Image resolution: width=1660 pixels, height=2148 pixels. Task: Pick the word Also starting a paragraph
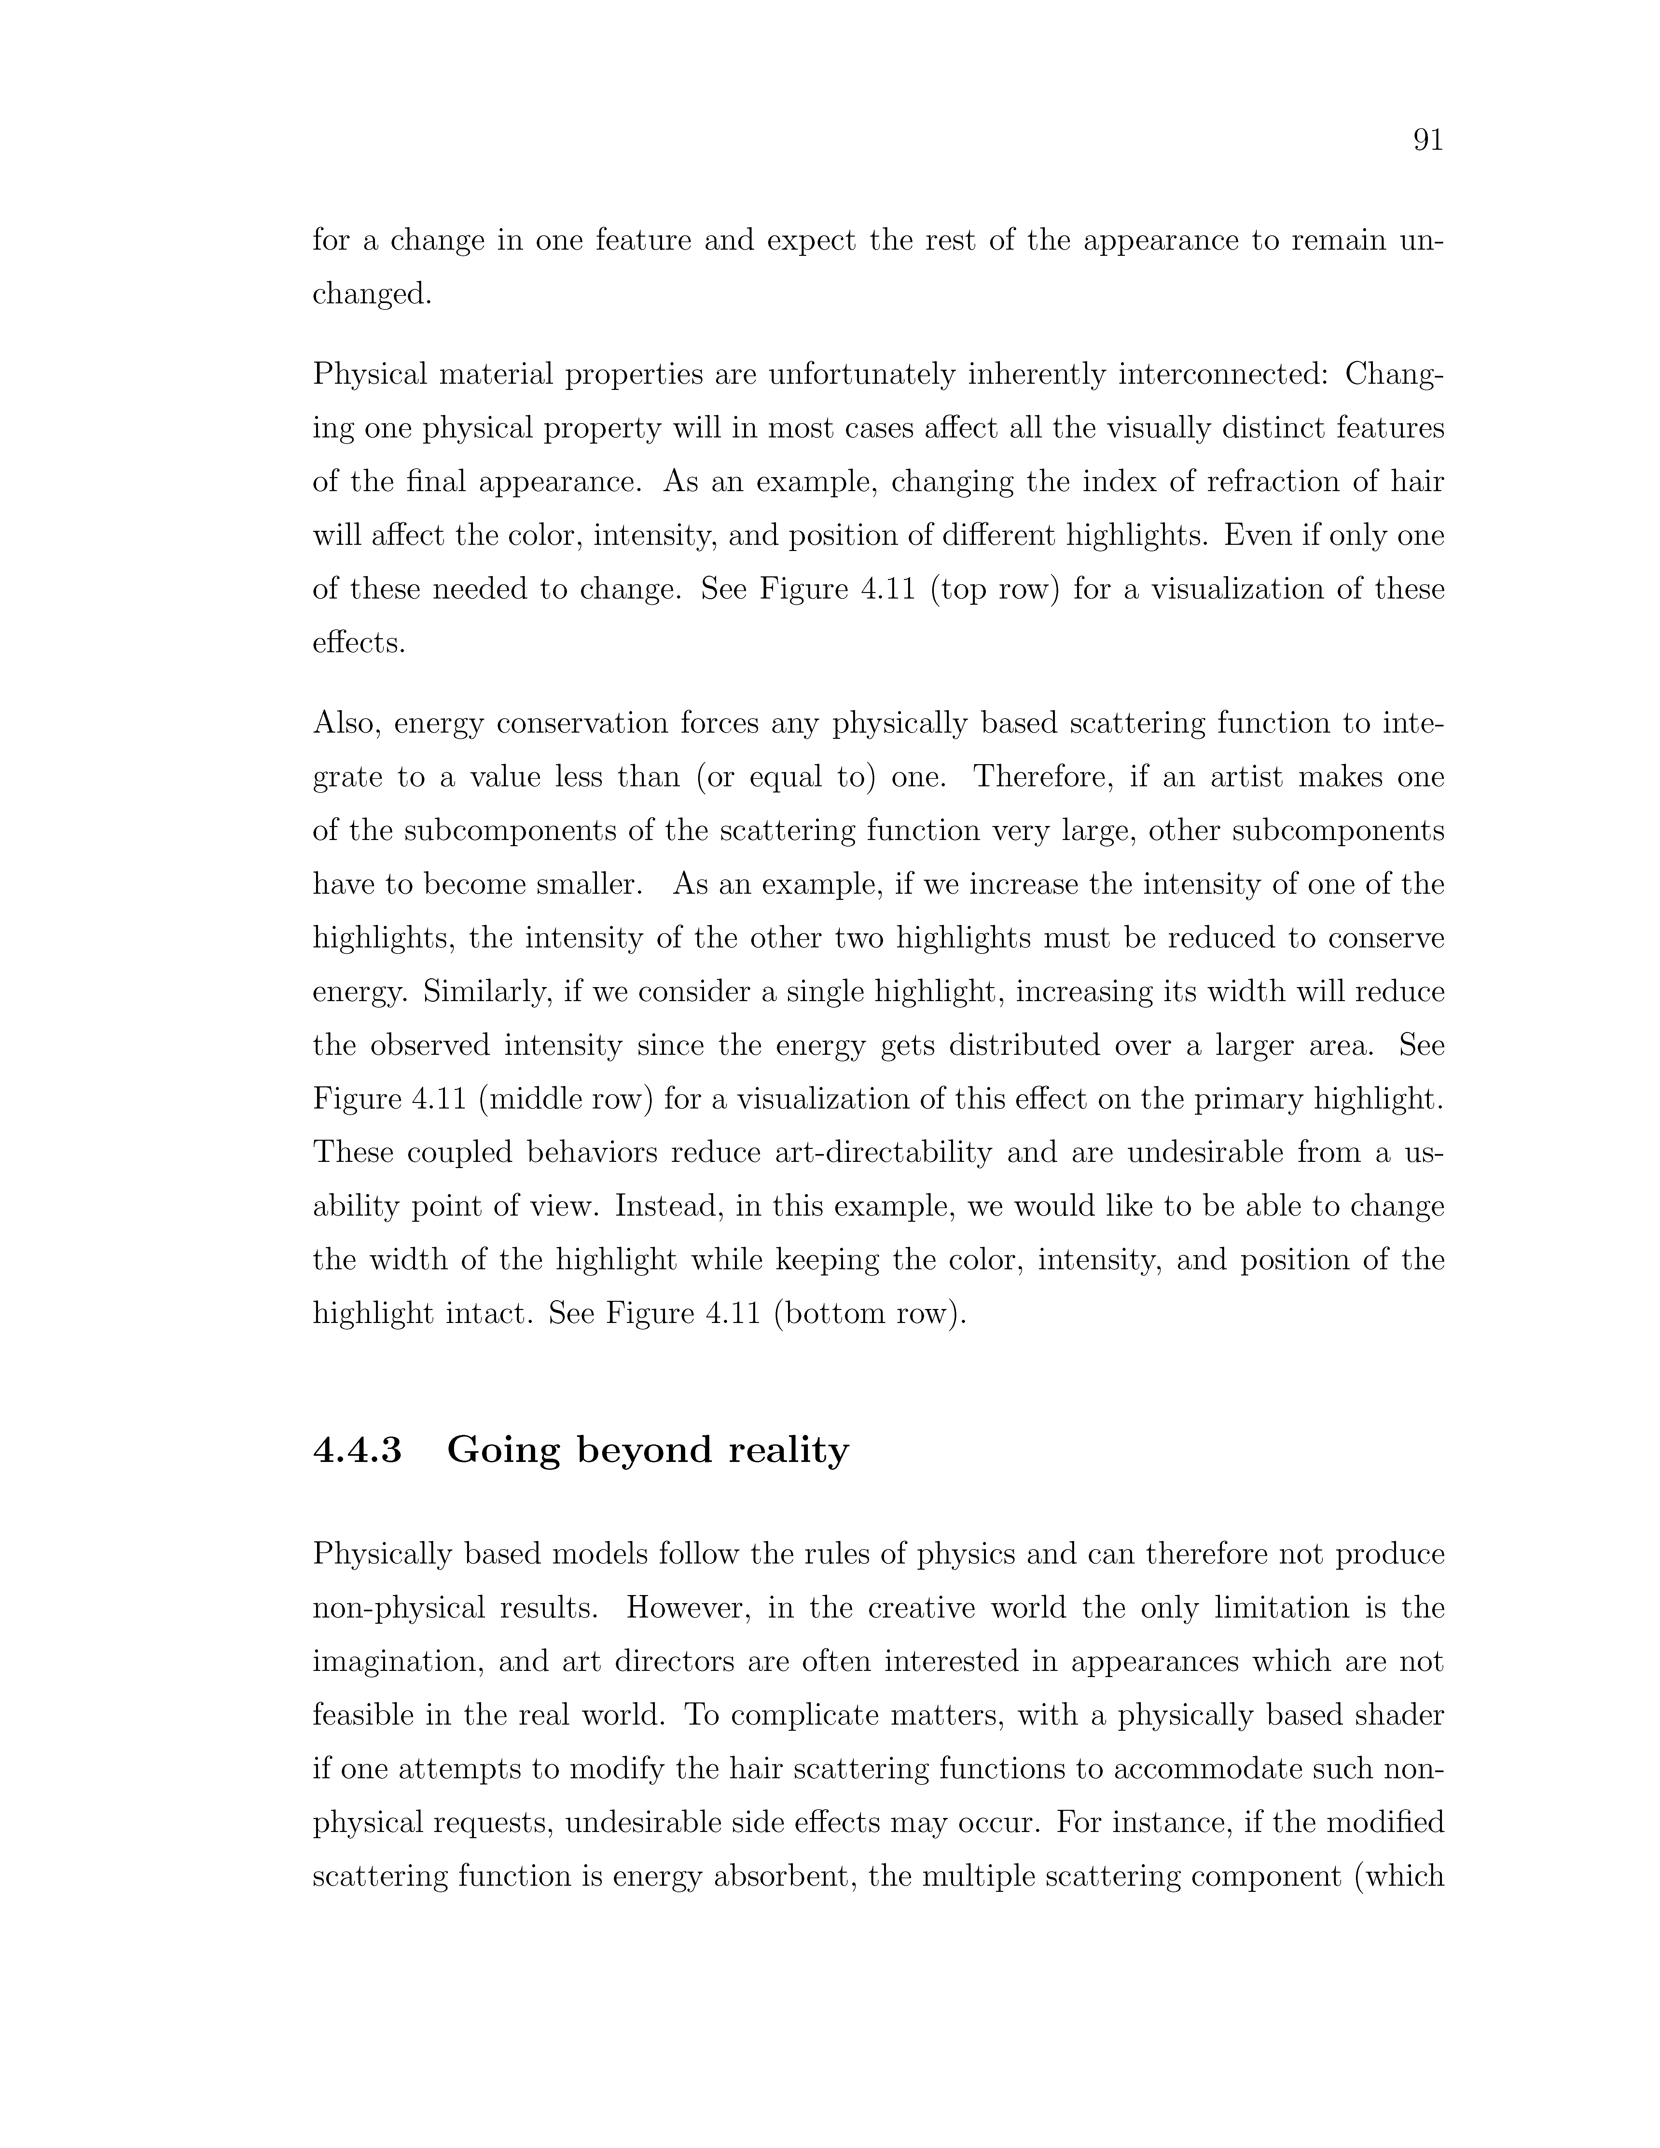pyautogui.click(x=346, y=724)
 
